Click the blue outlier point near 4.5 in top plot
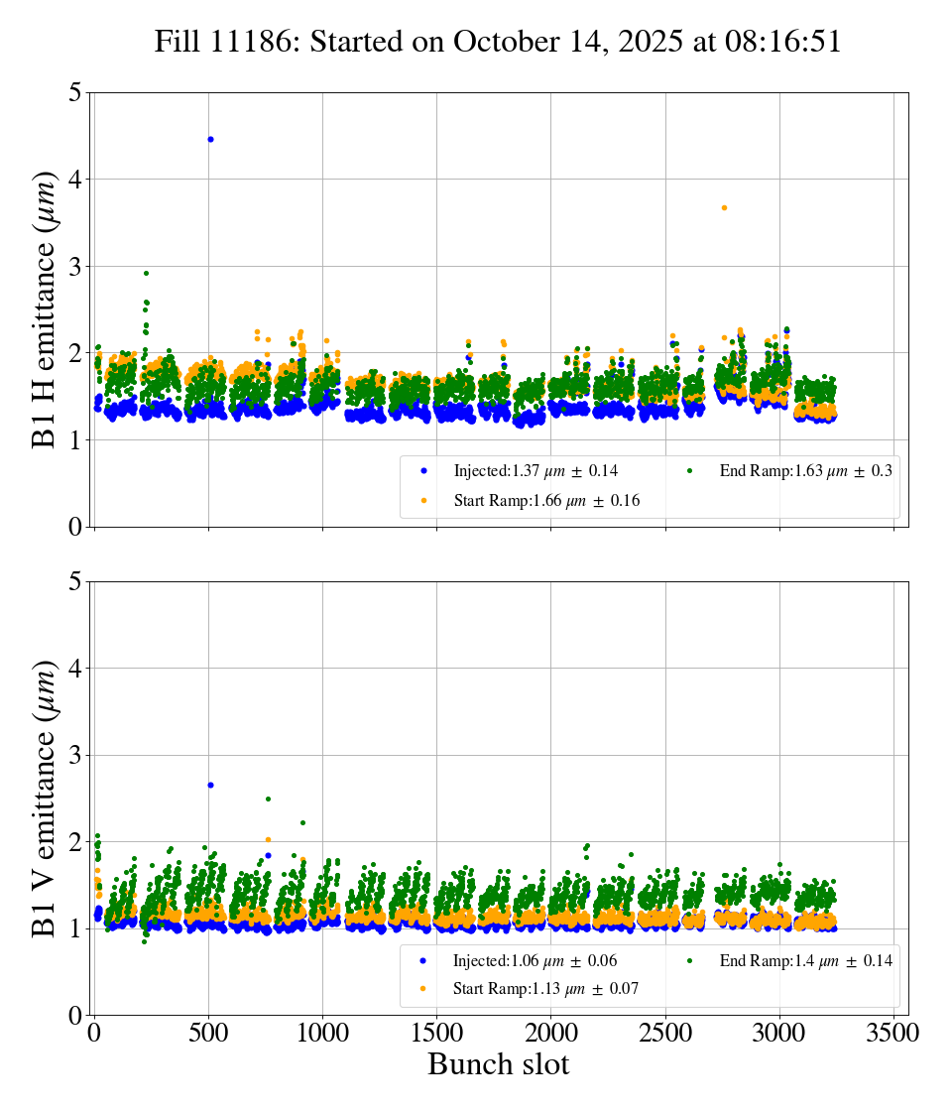click(x=210, y=139)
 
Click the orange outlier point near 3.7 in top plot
click(x=724, y=207)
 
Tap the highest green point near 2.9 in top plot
click(x=146, y=273)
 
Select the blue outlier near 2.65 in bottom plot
click(x=210, y=785)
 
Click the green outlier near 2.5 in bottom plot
click(x=268, y=799)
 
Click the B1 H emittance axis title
click(x=45, y=309)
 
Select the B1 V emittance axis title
click(x=45, y=798)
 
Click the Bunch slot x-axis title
click(x=498, y=1064)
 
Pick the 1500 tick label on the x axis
click(x=436, y=1033)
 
